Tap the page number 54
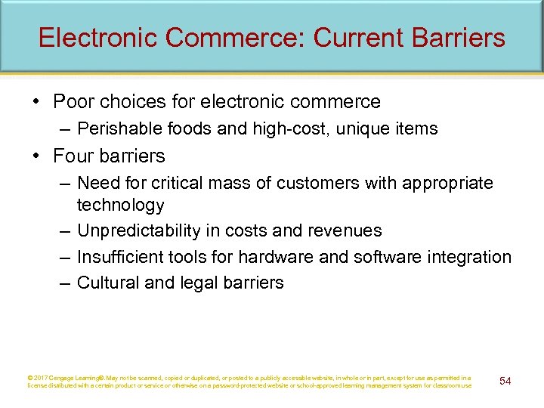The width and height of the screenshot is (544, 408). tap(505, 381)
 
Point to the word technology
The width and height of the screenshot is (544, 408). tap(120, 205)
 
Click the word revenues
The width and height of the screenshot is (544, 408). tap(346, 230)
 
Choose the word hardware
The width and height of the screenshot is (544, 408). tap(272, 257)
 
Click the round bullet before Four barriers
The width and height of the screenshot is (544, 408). tap(38, 156)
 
